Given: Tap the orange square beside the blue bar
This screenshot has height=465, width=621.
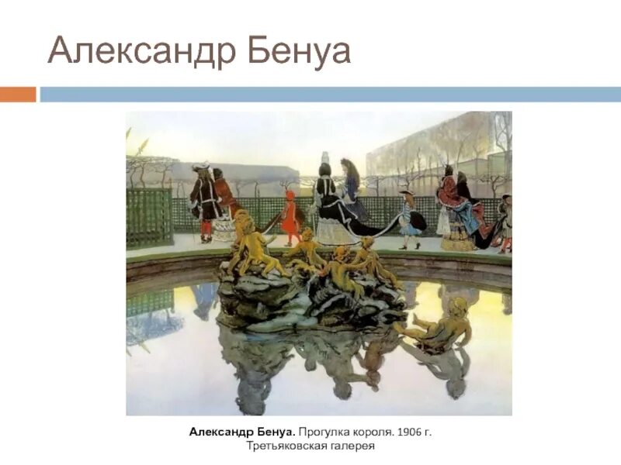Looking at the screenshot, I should tap(18, 94).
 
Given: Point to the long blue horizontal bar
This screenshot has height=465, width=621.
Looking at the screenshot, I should tap(330, 94).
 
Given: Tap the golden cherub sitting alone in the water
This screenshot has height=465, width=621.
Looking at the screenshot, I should tap(439, 322).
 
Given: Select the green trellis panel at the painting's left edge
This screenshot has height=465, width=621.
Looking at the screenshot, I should tap(149, 216).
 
